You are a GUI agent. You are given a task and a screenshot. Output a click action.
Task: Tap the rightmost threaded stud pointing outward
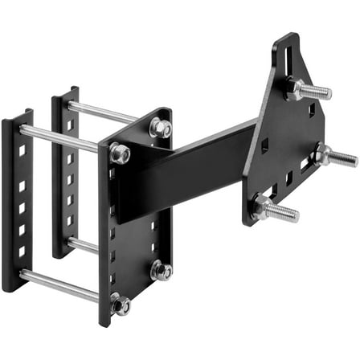tap(341, 157)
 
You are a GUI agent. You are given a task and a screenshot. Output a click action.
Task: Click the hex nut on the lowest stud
tap(262, 207)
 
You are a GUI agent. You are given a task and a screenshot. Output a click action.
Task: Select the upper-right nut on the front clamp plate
tap(159, 127)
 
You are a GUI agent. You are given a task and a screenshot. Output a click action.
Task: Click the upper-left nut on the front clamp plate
tap(120, 152)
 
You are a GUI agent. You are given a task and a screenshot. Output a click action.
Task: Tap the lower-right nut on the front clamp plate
tap(161, 271)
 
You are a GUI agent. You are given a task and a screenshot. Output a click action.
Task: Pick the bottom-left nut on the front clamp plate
tap(121, 303)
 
